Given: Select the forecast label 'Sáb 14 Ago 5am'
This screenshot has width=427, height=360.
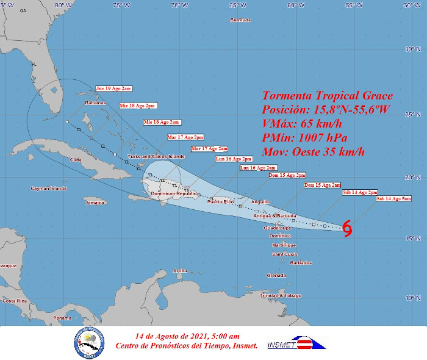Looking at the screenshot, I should point(393,198).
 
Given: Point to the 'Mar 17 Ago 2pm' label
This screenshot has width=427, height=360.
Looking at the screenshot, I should point(185,137).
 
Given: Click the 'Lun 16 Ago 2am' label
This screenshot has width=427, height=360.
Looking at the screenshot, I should point(258,167).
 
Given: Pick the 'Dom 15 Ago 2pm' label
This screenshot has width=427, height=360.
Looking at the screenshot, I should point(287,175).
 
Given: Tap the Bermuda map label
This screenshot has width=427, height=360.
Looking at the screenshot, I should point(240,20).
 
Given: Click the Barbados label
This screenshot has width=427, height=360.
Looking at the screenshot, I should point(301,263).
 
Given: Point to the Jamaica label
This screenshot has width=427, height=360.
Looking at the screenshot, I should point(95,202).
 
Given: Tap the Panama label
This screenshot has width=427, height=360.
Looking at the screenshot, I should point(62,318).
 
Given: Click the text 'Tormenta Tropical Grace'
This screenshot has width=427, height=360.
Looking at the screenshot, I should point(328,96).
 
